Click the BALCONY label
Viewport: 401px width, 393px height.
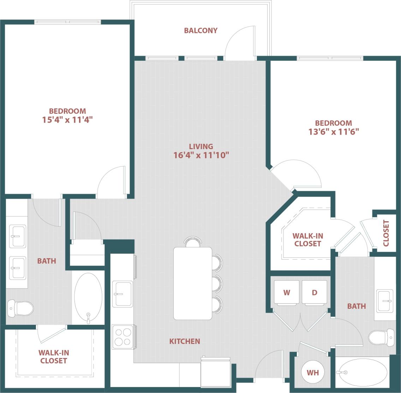tap(200, 30)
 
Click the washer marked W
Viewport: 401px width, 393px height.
tap(287, 293)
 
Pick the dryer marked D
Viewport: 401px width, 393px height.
tap(315, 293)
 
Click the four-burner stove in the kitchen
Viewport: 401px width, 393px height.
tap(122, 337)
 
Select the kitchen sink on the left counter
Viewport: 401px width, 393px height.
tap(122, 294)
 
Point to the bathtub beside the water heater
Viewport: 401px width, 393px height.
tap(362, 373)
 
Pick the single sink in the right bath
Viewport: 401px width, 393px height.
tap(385, 301)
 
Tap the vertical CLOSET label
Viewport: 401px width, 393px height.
tap(386, 233)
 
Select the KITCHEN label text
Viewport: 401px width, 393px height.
tap(185, 341)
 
